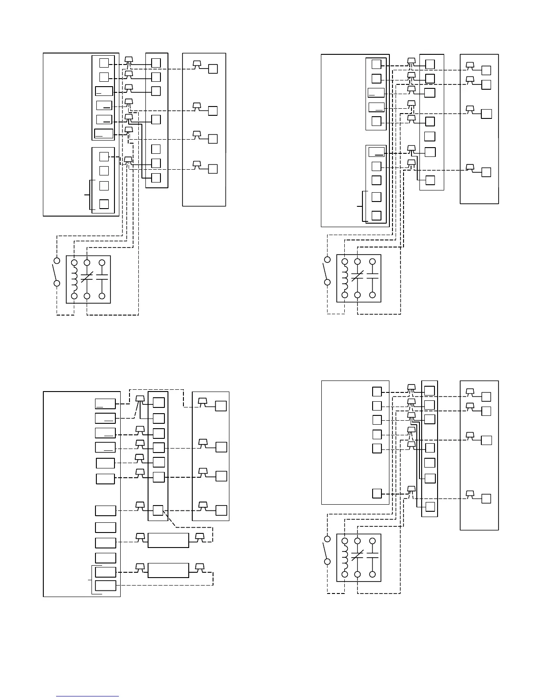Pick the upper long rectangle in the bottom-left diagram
pos(168,540)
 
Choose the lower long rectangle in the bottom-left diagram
pos(168,570)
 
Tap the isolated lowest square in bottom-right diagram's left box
pos(377,493)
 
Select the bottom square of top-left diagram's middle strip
pos(156,178)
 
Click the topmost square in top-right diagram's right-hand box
pos(486,71)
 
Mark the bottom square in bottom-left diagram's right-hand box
pos(221,510)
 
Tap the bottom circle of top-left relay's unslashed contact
pos(102,296)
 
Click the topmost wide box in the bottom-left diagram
pos(105,403)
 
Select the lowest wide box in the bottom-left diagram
pos(106,586)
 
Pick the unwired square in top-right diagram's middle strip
pos(430,136)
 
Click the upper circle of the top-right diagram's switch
pos(328,259)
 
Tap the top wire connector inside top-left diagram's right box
pos(198,65)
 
